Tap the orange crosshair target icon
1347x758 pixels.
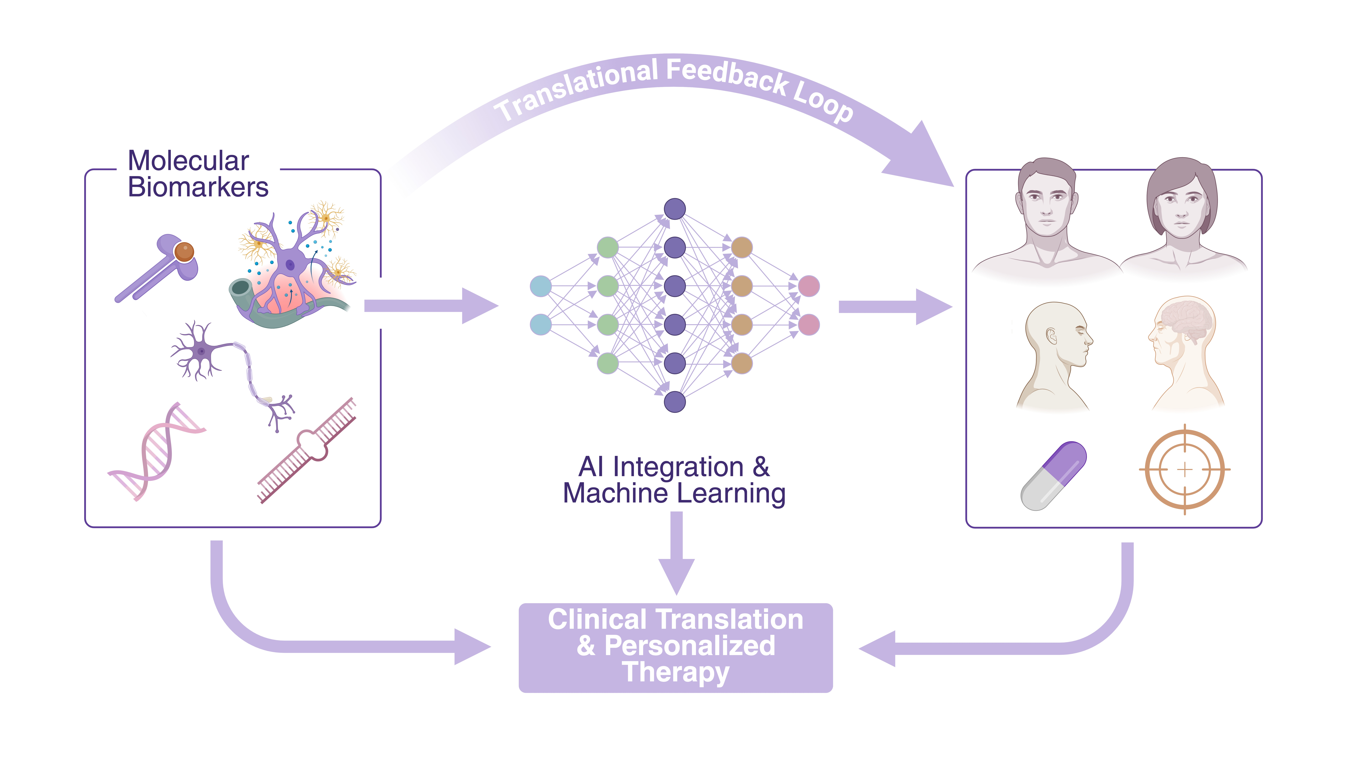pos(1184,469)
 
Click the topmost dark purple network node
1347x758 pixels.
pos(674,209)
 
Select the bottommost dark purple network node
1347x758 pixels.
pos(674,402)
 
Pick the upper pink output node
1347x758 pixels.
pos(808,286)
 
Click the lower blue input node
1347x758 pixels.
pos(541,324)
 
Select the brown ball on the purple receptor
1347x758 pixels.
pos(184,252)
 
